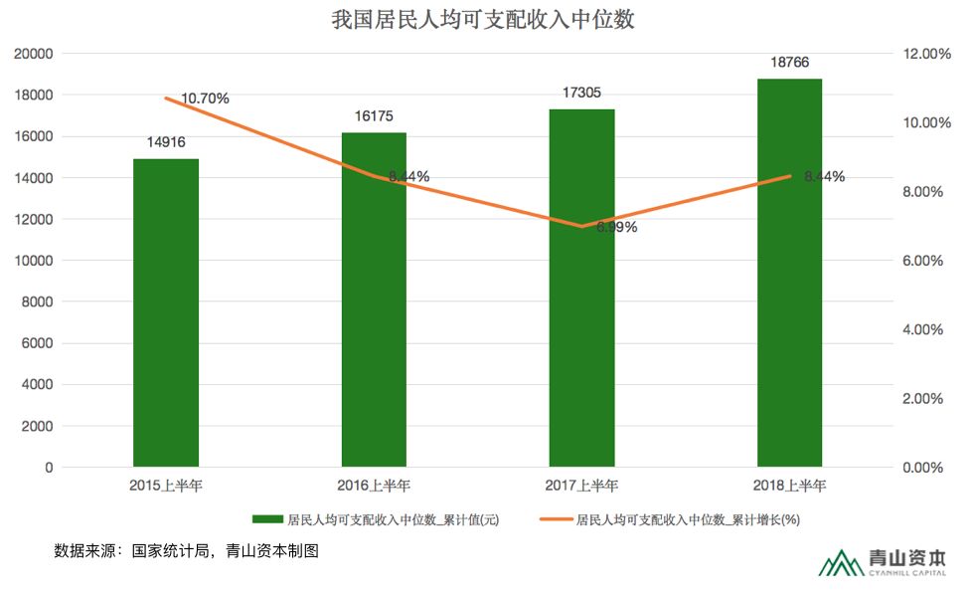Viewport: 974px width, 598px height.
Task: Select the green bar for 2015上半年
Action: [x=166, y=312]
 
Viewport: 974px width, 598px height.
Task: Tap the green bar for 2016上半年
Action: [x=374, y=299]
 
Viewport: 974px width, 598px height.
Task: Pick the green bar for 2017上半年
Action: [x=581, y=288]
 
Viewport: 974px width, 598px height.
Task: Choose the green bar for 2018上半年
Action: [x=789, y=273]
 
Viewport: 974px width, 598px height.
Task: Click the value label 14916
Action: [x=166, y=142]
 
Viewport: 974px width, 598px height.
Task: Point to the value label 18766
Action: [x=789, y=62]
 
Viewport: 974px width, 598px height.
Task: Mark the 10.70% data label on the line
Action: [x=206, y=99]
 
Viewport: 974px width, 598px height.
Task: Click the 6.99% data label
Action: [x=617, y=227]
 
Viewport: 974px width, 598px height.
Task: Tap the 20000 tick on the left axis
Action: [x=33, y=54]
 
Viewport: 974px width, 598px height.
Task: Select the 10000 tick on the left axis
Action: [x=33, y=261]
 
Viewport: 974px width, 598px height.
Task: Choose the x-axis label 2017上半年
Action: [x=581, y=486]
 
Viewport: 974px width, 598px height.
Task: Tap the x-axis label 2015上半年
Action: [x=166, y=486]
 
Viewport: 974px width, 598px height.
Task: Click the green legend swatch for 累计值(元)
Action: [x=268, y=519]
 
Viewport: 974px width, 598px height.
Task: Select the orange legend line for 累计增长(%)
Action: [x=557, y=519]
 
